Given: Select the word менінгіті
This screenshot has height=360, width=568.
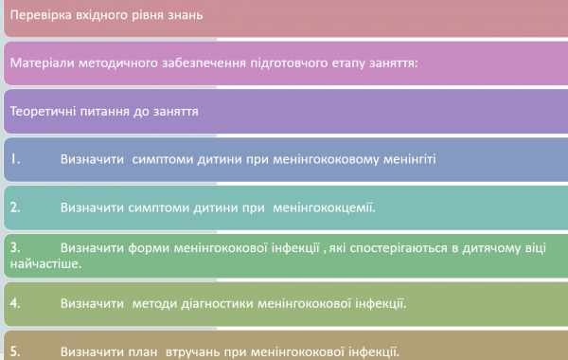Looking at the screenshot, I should [x=407, y=158].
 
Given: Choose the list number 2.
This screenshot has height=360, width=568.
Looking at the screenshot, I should [x=15, y=206].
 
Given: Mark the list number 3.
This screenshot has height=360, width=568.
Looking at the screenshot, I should [x=15, y=247].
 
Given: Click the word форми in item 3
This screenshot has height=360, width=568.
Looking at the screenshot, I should [x=147, y=247].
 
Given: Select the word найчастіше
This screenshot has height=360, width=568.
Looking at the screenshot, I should [x=45, y=263].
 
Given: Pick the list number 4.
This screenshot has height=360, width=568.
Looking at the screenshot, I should [x=15, y=304].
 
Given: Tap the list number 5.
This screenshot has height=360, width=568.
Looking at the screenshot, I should [x=15, y=351].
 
